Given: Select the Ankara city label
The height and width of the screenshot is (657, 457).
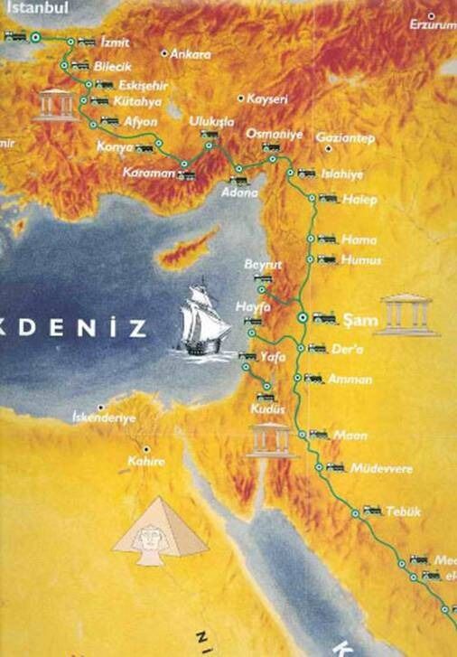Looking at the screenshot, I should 190,55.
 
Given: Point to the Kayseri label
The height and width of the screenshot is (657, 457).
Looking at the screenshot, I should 266,99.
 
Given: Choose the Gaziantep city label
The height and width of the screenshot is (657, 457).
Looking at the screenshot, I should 345,138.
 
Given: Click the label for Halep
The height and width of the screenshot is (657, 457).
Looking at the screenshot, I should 359,199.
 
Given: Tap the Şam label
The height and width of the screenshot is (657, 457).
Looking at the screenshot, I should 353,318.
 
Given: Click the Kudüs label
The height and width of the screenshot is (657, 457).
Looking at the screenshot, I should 269,408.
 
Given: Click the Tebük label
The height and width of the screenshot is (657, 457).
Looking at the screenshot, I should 403,512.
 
